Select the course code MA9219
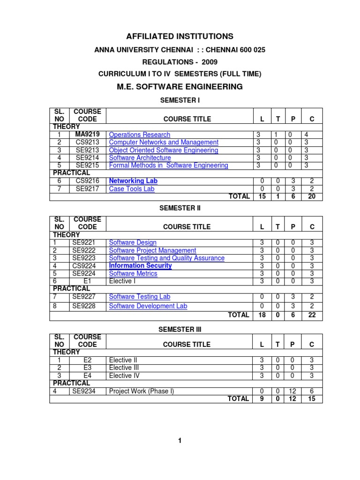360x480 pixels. pyautogui.click(x=88, y=135)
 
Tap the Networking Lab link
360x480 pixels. pyautogui.click(x=133, y=180)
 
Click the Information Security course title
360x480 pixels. pyautogui.click(x=140, y=266)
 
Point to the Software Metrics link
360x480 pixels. pyautogui.click(x=133, y=274)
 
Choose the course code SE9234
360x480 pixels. pyautogui.click(x=84, y=391)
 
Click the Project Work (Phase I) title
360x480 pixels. pyautogui.click(x=141, y=391)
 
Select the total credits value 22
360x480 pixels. pyautogui.click(x=312, y=315)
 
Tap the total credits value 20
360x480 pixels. pyautogui.click(x=312, y=196)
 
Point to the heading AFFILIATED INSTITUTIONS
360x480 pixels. pyautogui.click(x=180, y=36)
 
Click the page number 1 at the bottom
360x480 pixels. pyautogui.click(x=180, y=440)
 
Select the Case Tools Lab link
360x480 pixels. pyautogui.click(x=131, y=188)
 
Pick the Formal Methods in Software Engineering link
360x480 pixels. pyautogui.click(x=168, y=165)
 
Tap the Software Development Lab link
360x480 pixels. pyautogui.click(x=148, y=306)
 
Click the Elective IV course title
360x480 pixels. pyautogui.click(x=124, y=375)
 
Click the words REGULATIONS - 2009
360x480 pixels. pyautogui.click(x=180, y=62)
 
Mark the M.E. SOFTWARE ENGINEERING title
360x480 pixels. pyautogui.click(x=180, y=87)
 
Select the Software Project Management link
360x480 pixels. pyautogui.click(x=152, y=250)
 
